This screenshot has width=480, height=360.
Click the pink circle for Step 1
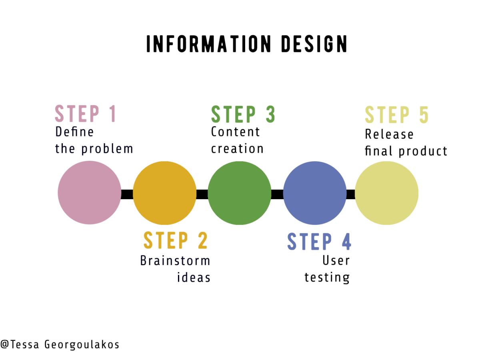(89, 193)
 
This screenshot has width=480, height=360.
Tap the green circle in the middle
(240, 193)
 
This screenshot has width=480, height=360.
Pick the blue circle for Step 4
(315, 193)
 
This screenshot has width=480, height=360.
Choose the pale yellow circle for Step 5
(386, 193)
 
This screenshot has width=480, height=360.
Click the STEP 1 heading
(85, 114)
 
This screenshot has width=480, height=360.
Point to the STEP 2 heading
(176, 241)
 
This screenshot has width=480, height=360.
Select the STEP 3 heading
(243, 114)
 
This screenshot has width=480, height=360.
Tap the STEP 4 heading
(319, 242)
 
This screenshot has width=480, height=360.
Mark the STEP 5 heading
(397, 115)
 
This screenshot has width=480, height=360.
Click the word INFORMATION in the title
(208, 44)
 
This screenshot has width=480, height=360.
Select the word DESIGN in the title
(314, 44)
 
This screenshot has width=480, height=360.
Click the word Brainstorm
(175, 261)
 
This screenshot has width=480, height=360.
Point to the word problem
(107, 149)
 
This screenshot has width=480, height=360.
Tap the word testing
(327, 278)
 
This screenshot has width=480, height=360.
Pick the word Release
(384, 134)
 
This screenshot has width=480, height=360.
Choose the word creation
(237, 149)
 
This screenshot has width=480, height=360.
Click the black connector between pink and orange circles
(127, 194)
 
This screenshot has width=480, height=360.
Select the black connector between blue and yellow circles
(351, 194)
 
